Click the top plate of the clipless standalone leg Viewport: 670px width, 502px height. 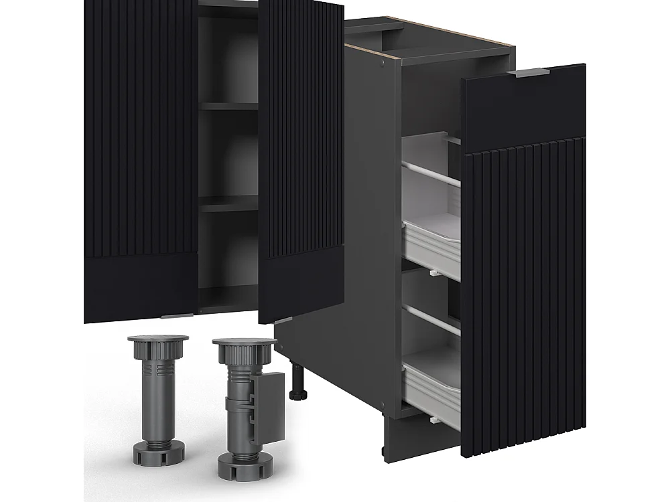click(157, 339)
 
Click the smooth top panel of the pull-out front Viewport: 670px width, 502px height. click(523, 110)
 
